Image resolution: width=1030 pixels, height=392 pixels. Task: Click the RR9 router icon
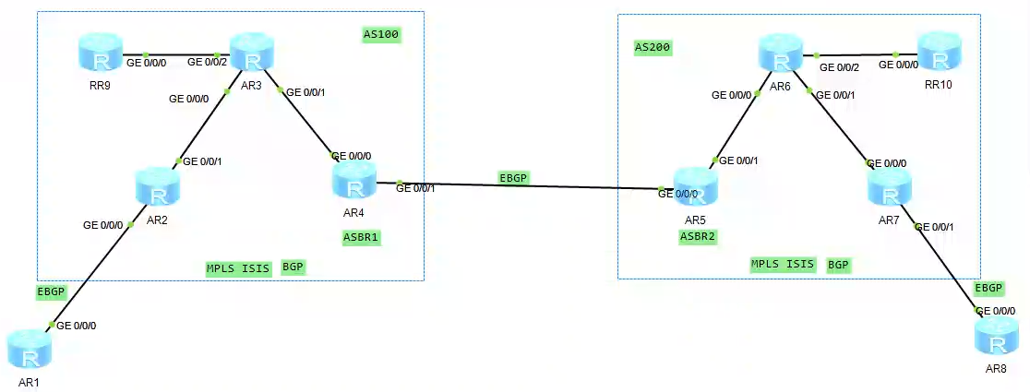[x=99, y=54]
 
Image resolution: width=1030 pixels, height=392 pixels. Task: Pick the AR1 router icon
[x=29, y=349]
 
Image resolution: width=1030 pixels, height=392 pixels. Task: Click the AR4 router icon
[x=354, y=180]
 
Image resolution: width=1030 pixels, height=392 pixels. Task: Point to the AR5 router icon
[x=695, y=187]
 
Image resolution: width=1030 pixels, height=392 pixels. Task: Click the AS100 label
[x=381, y=34]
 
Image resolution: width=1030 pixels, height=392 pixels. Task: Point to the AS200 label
[x=653, y=47]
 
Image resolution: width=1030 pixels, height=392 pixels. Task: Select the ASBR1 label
[x=361, y=237]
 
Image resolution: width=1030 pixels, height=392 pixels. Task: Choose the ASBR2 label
[x=698, y=236]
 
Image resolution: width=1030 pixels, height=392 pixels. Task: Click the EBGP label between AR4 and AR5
[x=515, y=177]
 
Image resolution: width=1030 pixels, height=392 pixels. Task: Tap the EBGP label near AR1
[x=52, y=291]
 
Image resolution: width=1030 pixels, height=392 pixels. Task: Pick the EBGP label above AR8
[x=989, y=289]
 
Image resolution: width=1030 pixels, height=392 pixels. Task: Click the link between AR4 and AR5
[x=526, y=186]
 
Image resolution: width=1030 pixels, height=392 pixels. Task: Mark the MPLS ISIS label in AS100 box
[x=239, y=268]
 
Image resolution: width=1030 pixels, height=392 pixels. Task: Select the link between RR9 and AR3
[x=175, y=54]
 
